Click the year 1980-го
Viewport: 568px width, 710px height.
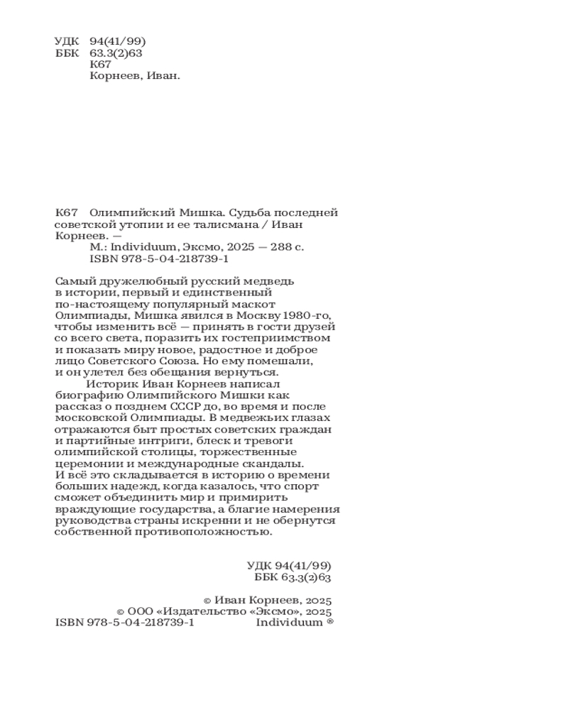(x=306, y=315)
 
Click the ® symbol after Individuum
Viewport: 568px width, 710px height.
(x=329, y=621)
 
